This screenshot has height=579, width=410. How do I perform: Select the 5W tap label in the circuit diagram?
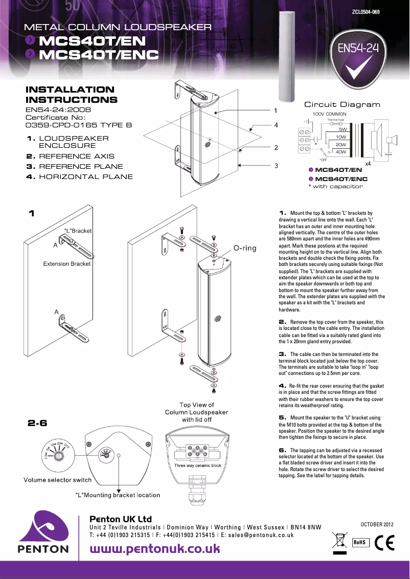coord(343,129)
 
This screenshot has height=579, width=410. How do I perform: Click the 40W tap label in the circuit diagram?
coord(341,152)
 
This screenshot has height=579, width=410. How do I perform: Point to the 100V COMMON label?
coord(329,114)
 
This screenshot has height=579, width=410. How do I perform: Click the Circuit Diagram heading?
coord(342,104)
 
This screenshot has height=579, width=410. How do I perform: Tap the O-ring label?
coord(245,248)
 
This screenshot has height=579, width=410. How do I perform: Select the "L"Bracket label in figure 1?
coord(78,231)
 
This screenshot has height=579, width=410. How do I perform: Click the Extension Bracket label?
coord(67,264)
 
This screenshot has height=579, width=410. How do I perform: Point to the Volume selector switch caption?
coord(58,480)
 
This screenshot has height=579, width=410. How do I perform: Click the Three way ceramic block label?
coord(197,465)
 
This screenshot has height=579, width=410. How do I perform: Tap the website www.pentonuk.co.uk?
coord(155,549)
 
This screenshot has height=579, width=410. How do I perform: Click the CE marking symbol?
coord(384,542)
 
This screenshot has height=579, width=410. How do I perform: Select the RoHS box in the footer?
coord(359,542)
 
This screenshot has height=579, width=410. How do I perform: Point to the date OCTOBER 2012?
coord(377,524)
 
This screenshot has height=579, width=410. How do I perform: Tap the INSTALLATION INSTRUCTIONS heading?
coord(71,95)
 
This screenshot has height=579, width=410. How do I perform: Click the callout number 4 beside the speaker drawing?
coord(276,124)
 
